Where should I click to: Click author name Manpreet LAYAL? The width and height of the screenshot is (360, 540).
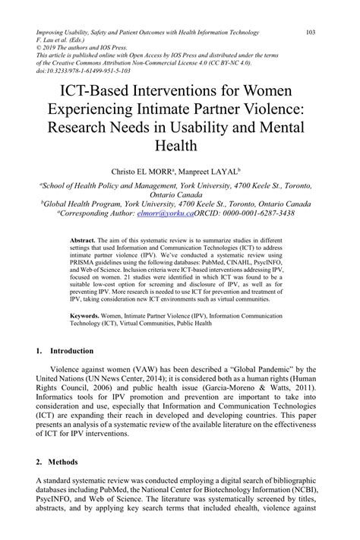tap(221, 172)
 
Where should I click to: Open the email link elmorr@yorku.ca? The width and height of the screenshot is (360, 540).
tap(171, 214)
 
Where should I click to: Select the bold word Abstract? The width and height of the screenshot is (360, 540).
tap(80, 240)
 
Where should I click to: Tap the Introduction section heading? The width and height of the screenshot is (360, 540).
tap(72, 351)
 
